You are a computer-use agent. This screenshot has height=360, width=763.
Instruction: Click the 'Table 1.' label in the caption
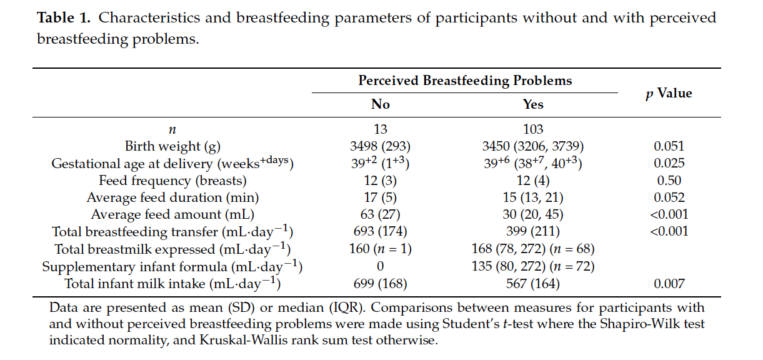[64, 17]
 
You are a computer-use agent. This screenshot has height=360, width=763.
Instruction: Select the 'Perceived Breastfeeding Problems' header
[465, 81]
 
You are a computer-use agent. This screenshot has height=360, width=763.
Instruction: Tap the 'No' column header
[381, 104]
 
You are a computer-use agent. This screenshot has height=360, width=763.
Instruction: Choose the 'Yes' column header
[533, 104]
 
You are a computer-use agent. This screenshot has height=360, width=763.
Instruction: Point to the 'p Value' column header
[669, 93]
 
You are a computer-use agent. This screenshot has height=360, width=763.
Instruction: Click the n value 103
[533, 129]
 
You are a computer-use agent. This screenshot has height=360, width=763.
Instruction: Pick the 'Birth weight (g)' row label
[172, 146]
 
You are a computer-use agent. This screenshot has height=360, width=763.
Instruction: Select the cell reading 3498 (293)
[380, 146]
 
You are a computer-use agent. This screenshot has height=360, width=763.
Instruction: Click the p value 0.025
[669, 163]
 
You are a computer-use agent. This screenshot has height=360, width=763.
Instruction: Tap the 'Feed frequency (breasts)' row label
[172, 181]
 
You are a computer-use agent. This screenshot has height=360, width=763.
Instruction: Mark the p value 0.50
[669, 181]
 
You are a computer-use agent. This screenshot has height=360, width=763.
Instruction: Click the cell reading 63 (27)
[380, 214]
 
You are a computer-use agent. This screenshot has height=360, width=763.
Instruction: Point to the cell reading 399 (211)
[533, 232]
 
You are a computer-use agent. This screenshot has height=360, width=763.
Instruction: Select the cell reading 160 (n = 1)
[380, 249]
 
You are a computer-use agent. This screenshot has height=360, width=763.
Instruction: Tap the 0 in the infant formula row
[380, 266]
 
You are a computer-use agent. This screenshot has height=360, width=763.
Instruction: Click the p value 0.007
[669, 284]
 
